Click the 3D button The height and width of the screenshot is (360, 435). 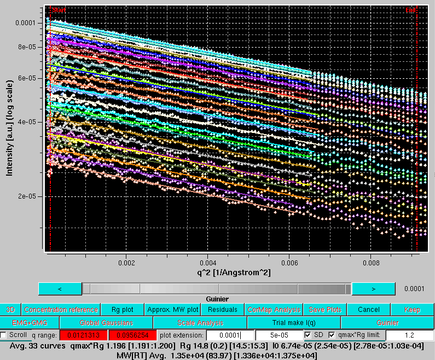10,310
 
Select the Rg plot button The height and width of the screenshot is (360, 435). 123,310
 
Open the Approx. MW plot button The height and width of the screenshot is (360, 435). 172,310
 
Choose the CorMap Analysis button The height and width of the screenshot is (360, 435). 274,310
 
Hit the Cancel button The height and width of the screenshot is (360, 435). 368,310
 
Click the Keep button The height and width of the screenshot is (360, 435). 412,310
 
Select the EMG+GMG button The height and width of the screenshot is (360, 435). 30,323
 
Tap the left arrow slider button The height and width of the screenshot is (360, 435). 60,288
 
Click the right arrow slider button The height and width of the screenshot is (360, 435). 373,288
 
